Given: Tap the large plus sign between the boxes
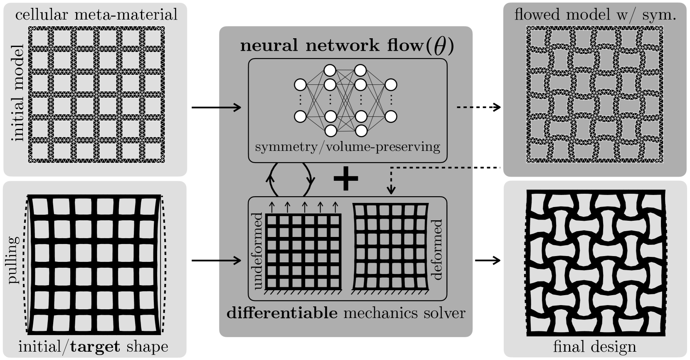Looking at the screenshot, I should tap(346, 180).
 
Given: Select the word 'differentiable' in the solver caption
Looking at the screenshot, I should tap(282, 313).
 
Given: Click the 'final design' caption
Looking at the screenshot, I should tap(594, 347).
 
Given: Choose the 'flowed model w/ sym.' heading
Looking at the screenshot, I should tap(595, 15).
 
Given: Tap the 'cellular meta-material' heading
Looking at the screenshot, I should tap(96, 15).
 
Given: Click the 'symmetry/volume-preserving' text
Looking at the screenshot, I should tap(347, 147).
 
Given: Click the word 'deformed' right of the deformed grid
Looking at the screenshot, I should tap(437, 249).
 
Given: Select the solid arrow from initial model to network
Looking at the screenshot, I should tap(216, 108).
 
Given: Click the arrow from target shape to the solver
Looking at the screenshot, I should tap(216, 261).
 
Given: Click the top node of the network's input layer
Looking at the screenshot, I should tap(300, 85).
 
